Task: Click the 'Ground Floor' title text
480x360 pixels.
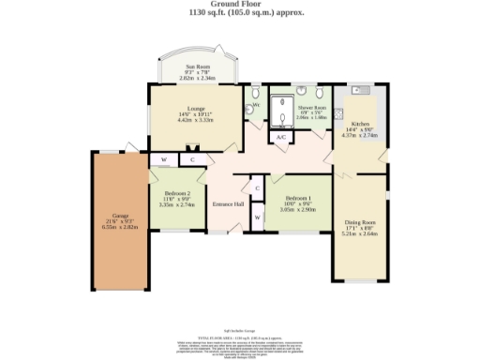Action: click(x=239, y=6)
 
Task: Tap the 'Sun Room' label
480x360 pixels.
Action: click(x=198, y=67)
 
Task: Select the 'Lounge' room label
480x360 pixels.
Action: click(x=196, y=108)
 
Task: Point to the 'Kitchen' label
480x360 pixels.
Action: click(x=361, y=123)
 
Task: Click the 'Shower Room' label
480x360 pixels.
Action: click(x=310, y=93)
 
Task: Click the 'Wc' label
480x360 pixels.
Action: click(x=254, y=104)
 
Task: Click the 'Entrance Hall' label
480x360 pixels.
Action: click(x=228, y=204)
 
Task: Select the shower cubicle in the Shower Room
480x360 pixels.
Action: click(x=281, y=112)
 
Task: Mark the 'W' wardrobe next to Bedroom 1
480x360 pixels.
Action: click(x=255, y=218)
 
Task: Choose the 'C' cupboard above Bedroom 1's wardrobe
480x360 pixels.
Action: click(x=255, y=188)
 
